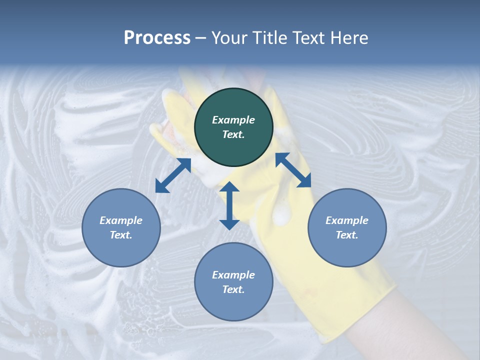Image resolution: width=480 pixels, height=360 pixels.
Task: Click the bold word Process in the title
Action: tap(157, 38)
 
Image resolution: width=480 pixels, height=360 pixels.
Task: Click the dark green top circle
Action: tap(233, 127)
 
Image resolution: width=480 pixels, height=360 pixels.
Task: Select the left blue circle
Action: tap(121, 227)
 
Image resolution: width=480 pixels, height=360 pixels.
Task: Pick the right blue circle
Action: tap(347, 227)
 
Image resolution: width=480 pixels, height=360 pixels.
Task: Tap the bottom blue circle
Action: tap(233, 282)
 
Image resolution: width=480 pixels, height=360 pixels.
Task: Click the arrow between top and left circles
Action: tap(173, 175)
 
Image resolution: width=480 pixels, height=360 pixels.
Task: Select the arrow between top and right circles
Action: tap(293, 170)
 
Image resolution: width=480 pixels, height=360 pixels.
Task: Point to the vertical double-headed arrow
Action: tap(229, 205)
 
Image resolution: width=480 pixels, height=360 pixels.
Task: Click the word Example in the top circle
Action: tap(233, 120)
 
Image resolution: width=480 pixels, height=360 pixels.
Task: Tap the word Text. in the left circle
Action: tap(121, 235)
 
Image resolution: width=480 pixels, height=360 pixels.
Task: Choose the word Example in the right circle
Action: tap(347, 220)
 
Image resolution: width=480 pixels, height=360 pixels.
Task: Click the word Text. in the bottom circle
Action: tap(233, 289)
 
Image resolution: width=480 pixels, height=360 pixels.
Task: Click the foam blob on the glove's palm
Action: tap(283, 215)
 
